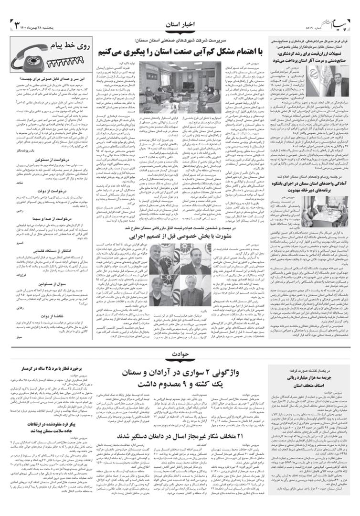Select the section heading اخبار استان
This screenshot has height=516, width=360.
click(180, 23)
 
